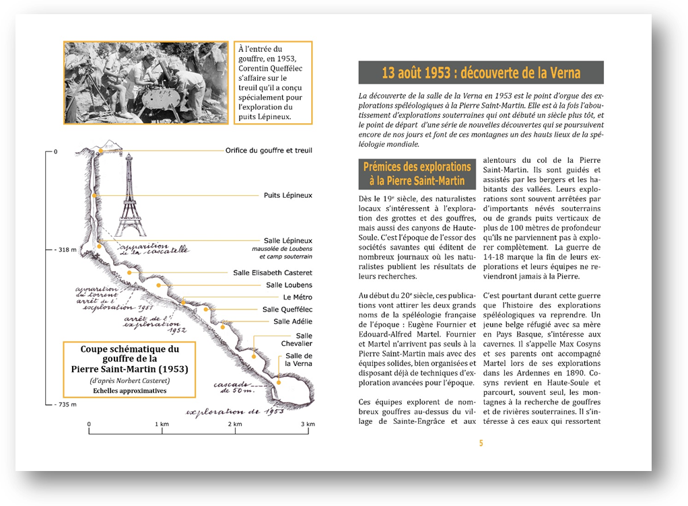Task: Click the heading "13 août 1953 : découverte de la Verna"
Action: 481,73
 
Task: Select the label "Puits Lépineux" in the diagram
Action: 288,196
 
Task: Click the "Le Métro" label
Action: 298,297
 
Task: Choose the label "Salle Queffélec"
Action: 287,310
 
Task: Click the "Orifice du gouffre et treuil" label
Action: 269,151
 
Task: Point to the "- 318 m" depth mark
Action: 65,250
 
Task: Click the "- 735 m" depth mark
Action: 65,404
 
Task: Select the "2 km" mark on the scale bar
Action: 234,425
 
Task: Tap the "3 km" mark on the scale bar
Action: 306,425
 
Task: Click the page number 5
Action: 481,443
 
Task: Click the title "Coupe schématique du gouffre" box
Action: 129,369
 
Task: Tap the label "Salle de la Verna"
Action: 298,360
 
